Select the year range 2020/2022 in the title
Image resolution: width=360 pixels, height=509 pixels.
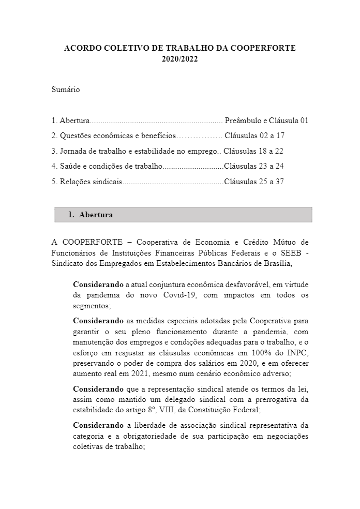click(x=179, y=59)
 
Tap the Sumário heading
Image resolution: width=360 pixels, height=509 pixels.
click(x=66, y=89)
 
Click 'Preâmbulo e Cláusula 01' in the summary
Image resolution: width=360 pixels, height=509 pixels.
click(x=266, y=121)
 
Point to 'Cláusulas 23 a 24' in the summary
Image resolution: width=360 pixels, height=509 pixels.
click(x=254, y=166)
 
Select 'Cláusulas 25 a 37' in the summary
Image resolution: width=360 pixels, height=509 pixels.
click(x=254, y=182)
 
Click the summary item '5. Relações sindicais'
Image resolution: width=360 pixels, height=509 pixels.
click(x=86, y=182)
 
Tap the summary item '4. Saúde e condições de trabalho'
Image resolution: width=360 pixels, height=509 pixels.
click(x=107, y=166)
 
